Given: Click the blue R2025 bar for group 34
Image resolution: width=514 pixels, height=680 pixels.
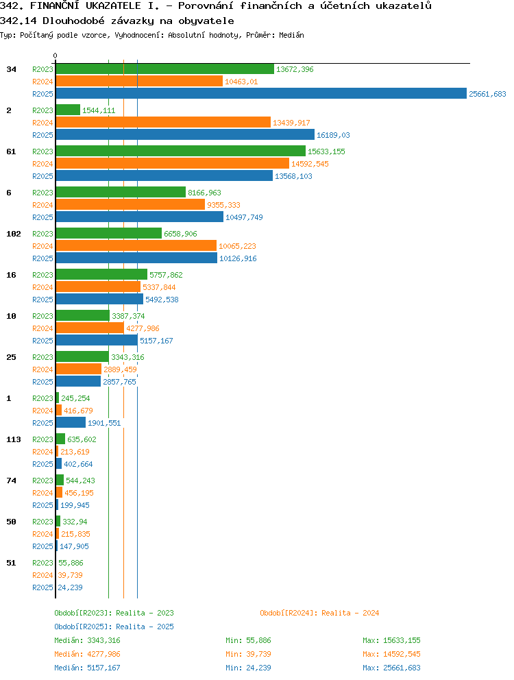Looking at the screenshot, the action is coord(261,94).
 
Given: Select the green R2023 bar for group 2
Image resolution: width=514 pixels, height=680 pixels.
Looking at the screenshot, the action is coord(68,110).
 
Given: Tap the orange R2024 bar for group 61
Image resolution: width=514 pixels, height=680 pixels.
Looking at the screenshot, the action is coord(173,164).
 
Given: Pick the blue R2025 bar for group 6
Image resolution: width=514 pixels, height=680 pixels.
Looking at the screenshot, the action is coord(140,217).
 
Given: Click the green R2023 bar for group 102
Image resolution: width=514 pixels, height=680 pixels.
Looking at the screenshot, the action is coord(109,233).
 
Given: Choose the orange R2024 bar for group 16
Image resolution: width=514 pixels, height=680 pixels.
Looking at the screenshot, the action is coord(99,287).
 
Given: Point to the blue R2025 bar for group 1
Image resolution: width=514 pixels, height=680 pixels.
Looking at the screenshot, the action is coord(71,422).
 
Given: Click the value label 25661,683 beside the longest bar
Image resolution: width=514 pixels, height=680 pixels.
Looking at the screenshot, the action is coord(487,94).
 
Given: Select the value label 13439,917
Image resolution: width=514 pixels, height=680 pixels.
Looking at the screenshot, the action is coord(291,123).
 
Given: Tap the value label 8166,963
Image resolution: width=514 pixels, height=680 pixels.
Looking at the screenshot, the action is coord(204,193).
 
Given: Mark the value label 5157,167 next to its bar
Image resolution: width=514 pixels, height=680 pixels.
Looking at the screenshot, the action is coord(156,341).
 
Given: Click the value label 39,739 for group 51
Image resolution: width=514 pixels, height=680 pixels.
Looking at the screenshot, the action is coord(70,575).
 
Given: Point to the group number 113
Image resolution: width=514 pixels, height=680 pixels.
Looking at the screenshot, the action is coord(14,439).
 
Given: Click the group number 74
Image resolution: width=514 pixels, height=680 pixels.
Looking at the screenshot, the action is coord(11,481).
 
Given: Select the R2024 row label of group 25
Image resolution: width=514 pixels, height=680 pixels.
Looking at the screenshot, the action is coord(42,369).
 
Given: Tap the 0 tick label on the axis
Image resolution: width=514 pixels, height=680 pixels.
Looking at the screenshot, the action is coord(55,56).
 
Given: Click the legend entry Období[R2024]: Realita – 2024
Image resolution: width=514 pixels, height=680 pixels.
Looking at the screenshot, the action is coord(319,613).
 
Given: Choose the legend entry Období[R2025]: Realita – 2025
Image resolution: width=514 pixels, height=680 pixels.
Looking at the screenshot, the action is coord(114,627).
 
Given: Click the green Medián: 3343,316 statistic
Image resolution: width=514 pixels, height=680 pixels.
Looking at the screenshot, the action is coord(87,640).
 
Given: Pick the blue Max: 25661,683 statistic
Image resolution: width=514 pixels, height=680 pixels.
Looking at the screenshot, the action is coord(392,668).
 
